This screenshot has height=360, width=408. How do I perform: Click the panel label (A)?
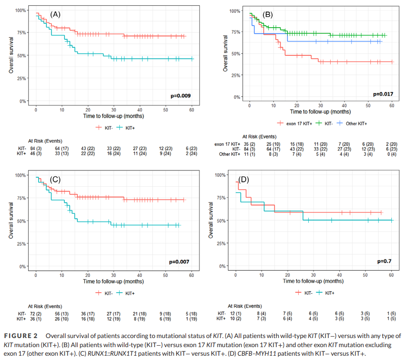55,14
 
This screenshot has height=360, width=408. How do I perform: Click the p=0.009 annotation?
180,96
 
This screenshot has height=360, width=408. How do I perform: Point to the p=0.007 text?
180,262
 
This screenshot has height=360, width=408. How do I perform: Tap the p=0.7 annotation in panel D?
385,261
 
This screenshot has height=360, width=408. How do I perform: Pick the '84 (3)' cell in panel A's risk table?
36,149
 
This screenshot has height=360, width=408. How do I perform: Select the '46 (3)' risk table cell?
36,154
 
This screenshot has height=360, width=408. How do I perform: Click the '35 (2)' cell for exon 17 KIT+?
250,144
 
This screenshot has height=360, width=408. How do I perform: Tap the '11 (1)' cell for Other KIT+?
250,154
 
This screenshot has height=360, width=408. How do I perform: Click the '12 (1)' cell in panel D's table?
236,313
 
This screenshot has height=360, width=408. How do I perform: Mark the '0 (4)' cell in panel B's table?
391,154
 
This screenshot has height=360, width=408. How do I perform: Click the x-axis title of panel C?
114,282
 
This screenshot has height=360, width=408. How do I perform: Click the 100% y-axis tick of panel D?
219,175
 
